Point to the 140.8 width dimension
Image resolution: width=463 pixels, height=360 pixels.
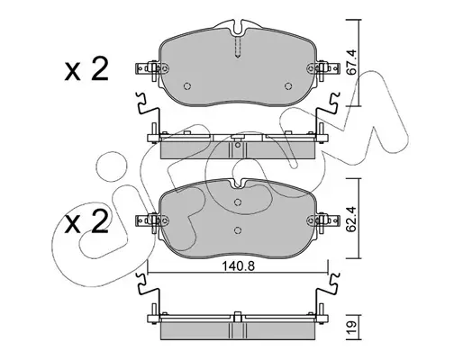238,265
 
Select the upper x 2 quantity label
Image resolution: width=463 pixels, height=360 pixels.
86,69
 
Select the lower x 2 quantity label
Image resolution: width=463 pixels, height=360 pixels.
86,222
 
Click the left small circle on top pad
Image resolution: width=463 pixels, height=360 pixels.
187,86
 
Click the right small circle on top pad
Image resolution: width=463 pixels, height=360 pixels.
288,86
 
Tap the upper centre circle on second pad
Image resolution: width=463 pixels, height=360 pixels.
238,202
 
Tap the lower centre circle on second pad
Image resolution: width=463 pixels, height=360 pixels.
238,229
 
